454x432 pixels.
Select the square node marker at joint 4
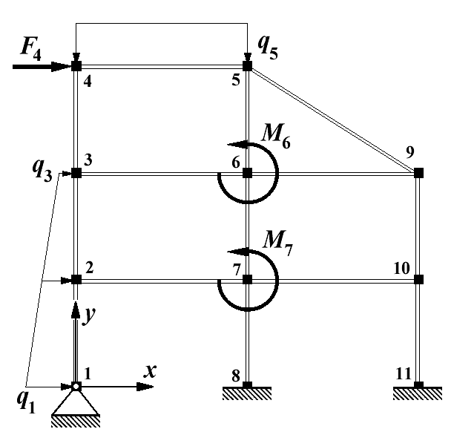pyautogui.click(x=76, y=66)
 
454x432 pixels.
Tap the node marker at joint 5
pyautogui.click(x=248, y=66)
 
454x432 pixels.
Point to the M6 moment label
pyautogui.click(x=275, y=134)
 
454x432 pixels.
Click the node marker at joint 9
pyautogui.click(x=418, y=173)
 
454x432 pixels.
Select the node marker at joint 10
pyautogui.click(x=418, y=280)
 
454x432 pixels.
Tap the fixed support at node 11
pyautogui.click(x=418, y=389)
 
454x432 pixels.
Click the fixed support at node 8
pyautogui.click(x=248, y=389)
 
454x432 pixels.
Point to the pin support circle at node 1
pyautogui.click(x=76, y=387)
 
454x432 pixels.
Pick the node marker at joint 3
pyautogui.click(x=76, y=173)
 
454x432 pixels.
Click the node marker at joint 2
pyautogui.click(x=76, y=280)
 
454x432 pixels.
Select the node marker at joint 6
pyautogui.click(x=248, y=173)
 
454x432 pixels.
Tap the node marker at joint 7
pyautogui.click(x=248, y=280)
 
